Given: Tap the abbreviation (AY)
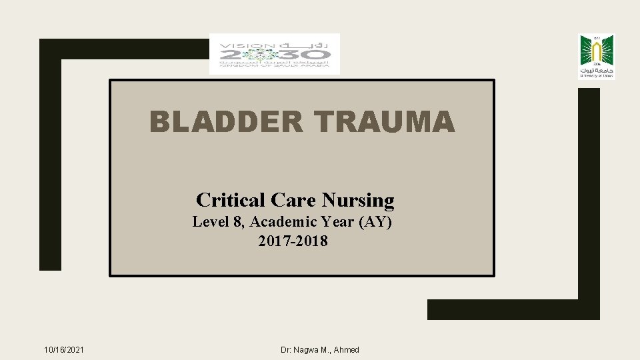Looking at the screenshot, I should click(375, 222).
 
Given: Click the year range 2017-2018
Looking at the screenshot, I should click(293, 241).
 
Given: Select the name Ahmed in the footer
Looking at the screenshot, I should click(346, 350).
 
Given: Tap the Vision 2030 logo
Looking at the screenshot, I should click(274, 54).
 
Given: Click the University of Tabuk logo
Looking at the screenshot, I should click(596, 56).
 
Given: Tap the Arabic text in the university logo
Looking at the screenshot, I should click(596, 70).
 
